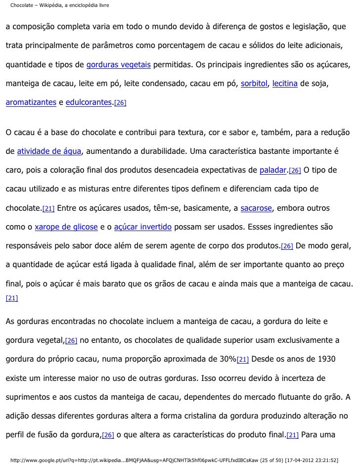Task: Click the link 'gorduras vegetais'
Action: click(x=119, y=65)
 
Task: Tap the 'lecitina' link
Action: click(x=285, y=84)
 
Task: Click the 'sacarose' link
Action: click(x=256, y=208)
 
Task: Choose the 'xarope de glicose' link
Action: click(x=66, y=227)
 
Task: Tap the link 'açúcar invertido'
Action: click(x=143, y=227)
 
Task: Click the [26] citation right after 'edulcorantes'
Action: click(x=120, y=103)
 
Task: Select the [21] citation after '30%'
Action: click(x=243, y=360)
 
